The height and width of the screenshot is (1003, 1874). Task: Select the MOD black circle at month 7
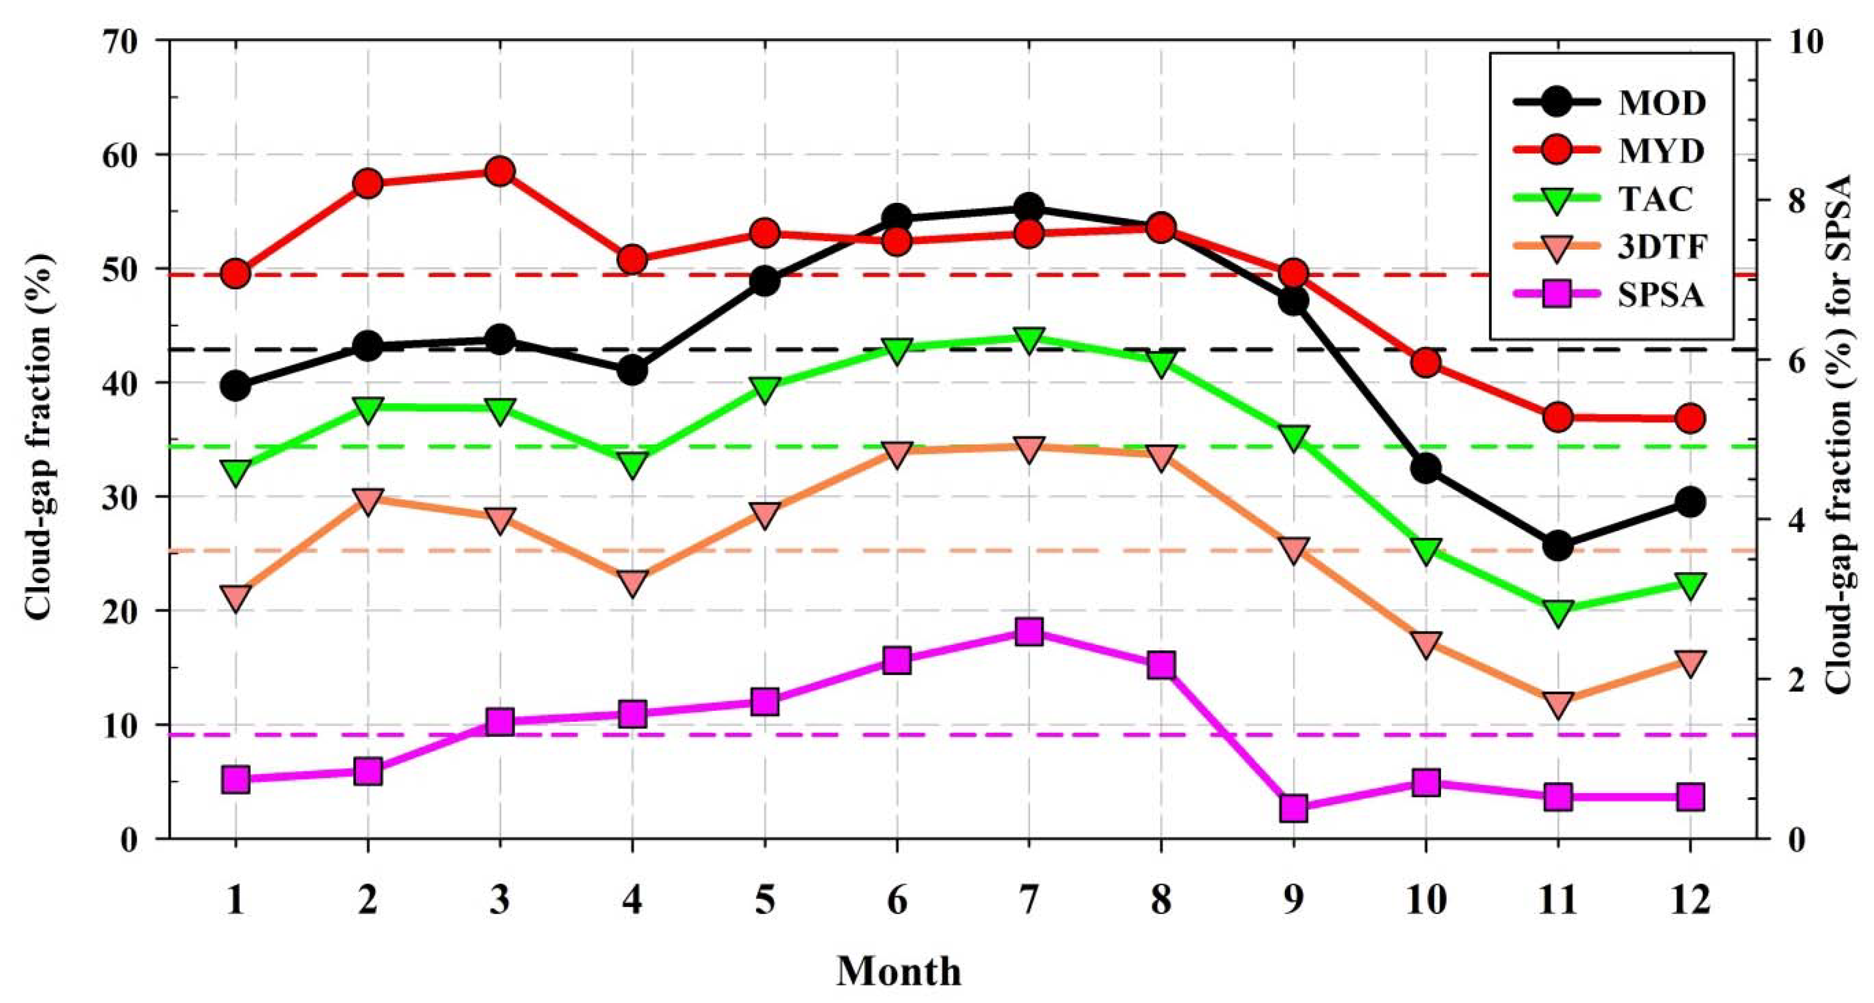(1029, 208)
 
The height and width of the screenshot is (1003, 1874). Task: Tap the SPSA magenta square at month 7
(1029, 631)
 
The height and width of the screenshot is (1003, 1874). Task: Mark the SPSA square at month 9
(1293, 808)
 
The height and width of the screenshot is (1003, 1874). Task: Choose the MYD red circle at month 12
(1690, 418)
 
